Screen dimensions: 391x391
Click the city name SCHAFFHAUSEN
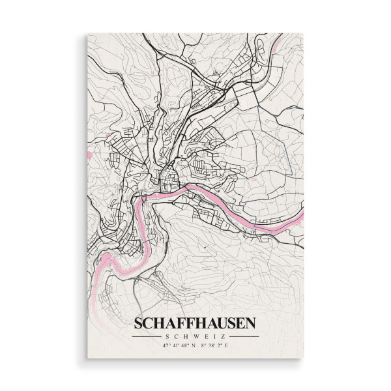[195, 323]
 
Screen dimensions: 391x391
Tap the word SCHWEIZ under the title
[195, 336]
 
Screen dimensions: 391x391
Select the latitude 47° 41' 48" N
[175, 345]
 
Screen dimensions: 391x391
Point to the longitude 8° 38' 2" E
[214, 345]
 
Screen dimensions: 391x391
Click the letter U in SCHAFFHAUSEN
[219, 323]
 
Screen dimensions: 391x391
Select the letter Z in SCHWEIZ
[222, 336]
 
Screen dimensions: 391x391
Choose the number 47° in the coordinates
[166, 345]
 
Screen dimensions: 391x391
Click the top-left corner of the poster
[87, 34]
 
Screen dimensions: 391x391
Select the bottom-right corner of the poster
[303, 358]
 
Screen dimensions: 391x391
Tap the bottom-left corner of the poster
[87, 358]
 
